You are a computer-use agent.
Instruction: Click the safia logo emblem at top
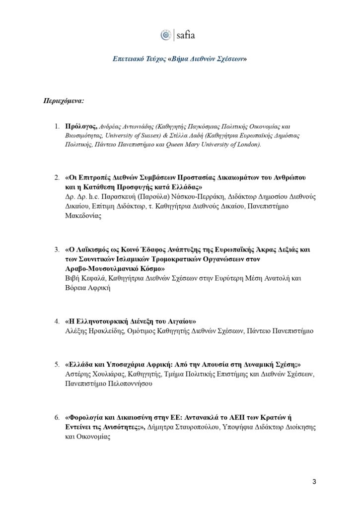(166, 35)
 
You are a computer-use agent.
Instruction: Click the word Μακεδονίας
(83, 216)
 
